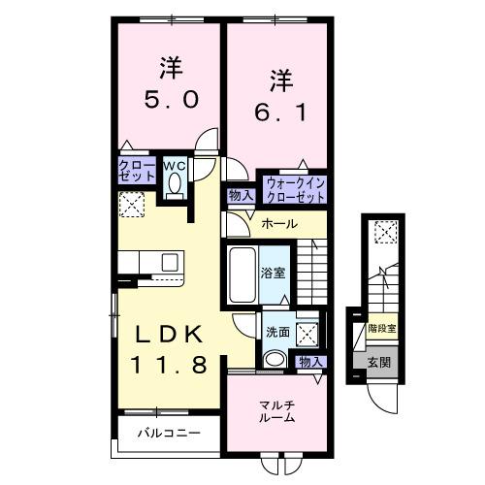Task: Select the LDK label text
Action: tap(169, 335)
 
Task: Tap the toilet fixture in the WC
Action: tap(174, 188)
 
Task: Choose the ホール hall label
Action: tap(280, 224)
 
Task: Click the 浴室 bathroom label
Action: tap(273, 274)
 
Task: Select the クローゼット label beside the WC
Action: tap(137, 172)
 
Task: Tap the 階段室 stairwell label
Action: tap(381, 330)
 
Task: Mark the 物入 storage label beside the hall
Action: tap(241, 195)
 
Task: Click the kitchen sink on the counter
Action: tap(171, 262)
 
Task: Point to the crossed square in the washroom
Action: tap(309, 333)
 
